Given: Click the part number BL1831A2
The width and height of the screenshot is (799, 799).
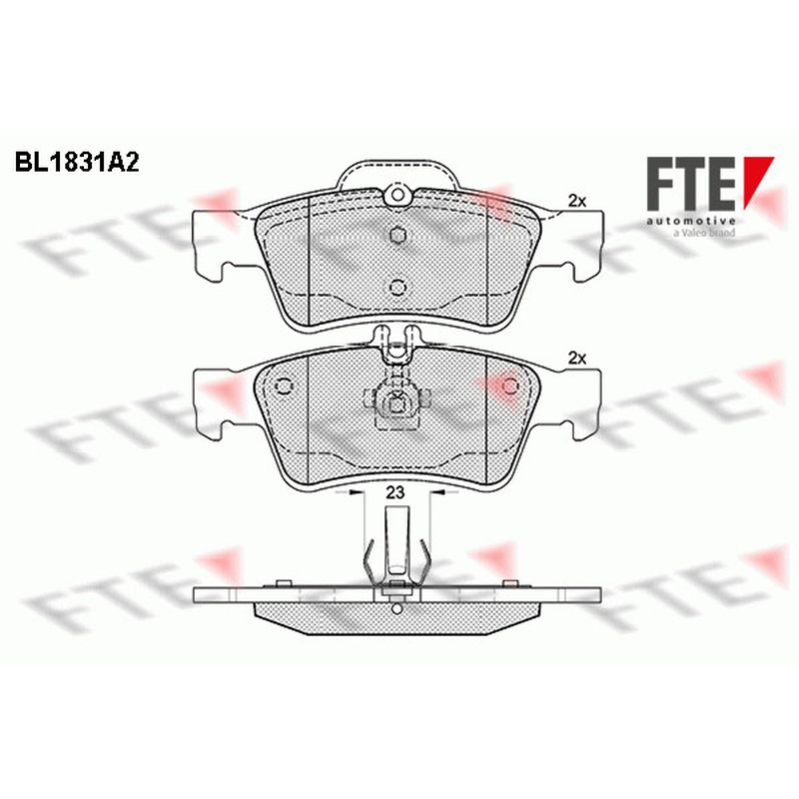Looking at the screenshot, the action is tap(77, 162).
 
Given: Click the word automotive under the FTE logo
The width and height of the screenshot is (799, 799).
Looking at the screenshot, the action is tap(691, 221).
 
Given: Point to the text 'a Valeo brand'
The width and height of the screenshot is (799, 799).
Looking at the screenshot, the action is tap(704, 233).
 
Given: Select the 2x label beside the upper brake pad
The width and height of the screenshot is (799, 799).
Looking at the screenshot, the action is tap(577, 202).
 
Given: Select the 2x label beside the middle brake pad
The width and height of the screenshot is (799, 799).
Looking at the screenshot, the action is tap(577, 359).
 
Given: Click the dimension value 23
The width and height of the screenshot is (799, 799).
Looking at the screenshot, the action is tap(395, 492).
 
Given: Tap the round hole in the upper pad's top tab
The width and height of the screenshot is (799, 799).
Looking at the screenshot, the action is tap(398, 195).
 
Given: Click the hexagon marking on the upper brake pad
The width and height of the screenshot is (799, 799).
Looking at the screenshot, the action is tap(398, 235).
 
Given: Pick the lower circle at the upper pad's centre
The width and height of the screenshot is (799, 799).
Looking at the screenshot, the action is tap(398, 288).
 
